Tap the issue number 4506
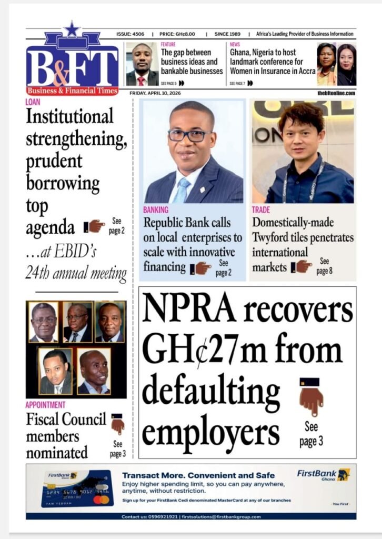(x=138, y=34)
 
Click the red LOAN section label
(x=33, y=102)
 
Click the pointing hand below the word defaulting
(x=311, y=397)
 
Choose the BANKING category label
(x=156, y=209)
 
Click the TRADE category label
(x=261, y=209)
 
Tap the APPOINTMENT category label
(x=46, y=405)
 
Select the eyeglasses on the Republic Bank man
(x=190, y=135)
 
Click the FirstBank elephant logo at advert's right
(x=344, y=474)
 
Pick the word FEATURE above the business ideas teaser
(x=168, y=45)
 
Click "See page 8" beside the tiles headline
(x=324, y=266)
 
